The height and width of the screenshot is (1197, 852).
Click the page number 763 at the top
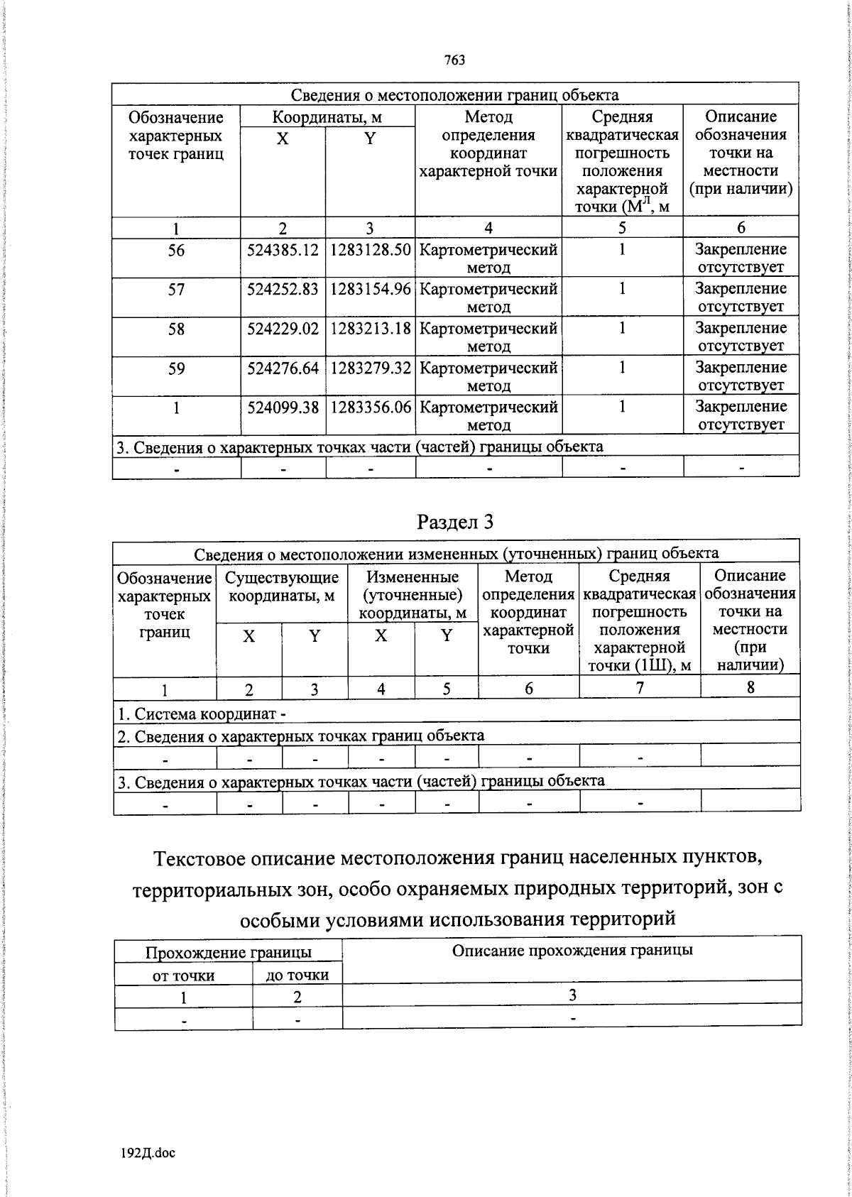(x=454, y=60)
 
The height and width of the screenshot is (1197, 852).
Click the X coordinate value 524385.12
(x=283, y=250)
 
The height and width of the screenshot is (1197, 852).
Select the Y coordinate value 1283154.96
(x=370, y=290)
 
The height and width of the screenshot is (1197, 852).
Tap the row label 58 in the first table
(x=176, y=329)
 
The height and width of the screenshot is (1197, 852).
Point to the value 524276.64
(x=283, y=368)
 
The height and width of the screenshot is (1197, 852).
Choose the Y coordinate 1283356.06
(x=370, y=408)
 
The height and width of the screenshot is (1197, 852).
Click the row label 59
(x=176, y=368)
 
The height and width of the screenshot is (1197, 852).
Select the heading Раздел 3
(x=455, y=522)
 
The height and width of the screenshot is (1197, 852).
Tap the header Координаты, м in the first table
(x=327, y=117)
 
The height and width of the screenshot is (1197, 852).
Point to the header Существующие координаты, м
(x=282, y=586)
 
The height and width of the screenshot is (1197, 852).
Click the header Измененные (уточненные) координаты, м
(x=413, y=595)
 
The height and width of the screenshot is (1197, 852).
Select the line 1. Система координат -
(x=201, y=714)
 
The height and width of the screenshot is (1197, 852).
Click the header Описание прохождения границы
(x=572, y=950)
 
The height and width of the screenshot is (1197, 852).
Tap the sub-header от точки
(x=183, y=975)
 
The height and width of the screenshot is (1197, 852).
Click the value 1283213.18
(x=370, y=329)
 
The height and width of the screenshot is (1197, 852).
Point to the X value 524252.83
(x=283, y=290)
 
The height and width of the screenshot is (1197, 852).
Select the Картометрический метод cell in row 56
(x=488, y=258)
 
